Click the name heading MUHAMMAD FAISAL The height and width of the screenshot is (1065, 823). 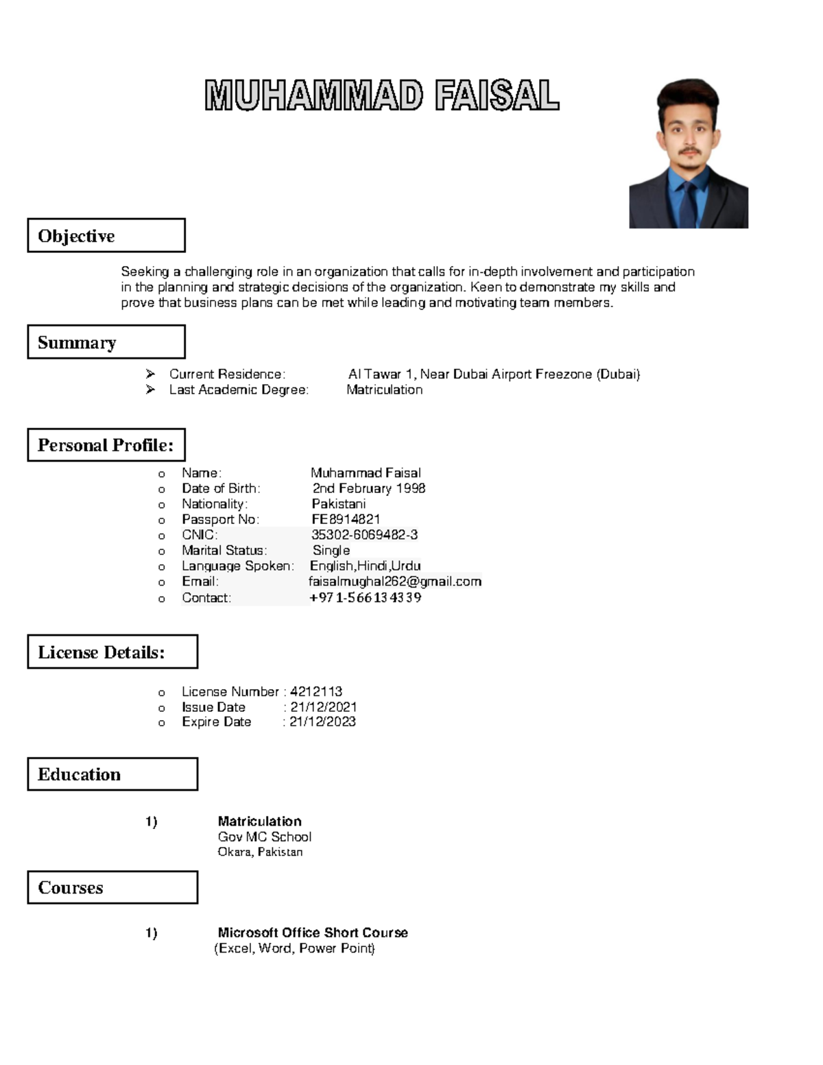point(381,95)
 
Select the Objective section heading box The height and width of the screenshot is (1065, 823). point(106,236)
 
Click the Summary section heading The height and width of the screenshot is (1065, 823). point(106,342)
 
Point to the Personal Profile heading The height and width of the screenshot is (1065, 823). point(106,445)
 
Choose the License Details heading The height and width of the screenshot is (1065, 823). point(112,652)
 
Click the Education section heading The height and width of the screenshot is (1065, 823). point(112,774)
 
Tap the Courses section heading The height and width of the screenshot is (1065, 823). point(112,887)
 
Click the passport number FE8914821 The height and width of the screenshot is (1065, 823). point(346,519)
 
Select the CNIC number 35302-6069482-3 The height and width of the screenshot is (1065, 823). point(364,535)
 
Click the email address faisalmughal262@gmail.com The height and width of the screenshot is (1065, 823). point(395,582)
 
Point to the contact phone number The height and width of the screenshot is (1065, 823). point(366,597)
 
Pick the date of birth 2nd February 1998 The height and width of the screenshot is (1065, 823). point(369,488)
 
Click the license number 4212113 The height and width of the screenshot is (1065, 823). point(316,691)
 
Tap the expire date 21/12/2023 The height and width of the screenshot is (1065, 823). point(322,721)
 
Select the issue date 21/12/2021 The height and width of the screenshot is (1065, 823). point(323,706)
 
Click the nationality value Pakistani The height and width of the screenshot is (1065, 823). point(339,504)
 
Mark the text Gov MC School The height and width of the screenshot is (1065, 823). point(265,837)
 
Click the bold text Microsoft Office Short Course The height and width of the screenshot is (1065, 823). point(313,933)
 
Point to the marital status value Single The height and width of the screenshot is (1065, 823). point(331,551)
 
